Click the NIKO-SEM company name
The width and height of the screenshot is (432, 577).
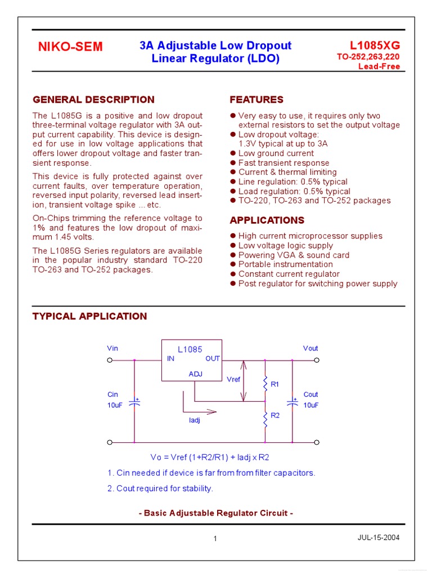(x=70, y=47)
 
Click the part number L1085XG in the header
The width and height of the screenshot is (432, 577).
(x=375, y=45)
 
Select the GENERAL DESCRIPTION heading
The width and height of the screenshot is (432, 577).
(x=93, y=100)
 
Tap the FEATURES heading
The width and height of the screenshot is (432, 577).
(x=256, y=100)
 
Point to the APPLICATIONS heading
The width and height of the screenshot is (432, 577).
(x=267, y=220)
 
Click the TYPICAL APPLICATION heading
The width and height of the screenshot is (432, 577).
(x=90, y=316)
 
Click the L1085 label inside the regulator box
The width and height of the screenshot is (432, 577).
(x=190, y=349)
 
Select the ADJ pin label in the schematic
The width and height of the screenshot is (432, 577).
(x=195, y=374)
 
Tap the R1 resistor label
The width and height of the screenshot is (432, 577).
(x=275, y=384)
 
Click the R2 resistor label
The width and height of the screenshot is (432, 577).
(x=275, y=415)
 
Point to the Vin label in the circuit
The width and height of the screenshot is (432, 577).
(x=112, y=348)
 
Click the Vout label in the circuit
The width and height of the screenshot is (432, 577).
(x=310, y=348)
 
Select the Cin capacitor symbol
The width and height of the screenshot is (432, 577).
(x=134, y=402)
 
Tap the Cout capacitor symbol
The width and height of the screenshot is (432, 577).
(x=292, y=402)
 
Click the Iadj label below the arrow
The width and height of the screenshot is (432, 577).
(x=195, y=420)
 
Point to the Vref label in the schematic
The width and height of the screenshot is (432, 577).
(x=233, y=380)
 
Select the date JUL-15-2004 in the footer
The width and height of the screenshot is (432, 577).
(x=379, y=538)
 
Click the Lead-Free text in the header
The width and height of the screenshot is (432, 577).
(x=379, y=66)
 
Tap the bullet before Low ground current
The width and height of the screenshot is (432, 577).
(x=233, y=153)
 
